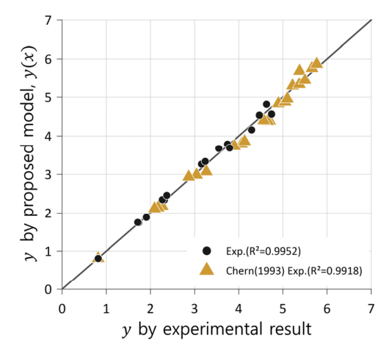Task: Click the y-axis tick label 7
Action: tap(48, 21)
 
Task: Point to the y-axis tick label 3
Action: tap(48, 174)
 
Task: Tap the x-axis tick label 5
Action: tap(283, 309)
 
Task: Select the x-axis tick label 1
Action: tap(106, 309)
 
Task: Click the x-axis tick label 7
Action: tap(371, 309)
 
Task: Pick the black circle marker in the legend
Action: tap(206, 251)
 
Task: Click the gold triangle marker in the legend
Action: tap(206, 269)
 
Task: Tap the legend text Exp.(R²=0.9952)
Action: tap(263, 251)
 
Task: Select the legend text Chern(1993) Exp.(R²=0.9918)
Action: tap(294, 271)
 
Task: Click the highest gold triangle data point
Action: tap(316, 63)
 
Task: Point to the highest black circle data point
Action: tap(266, 104)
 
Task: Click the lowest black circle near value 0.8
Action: tap(98, 259)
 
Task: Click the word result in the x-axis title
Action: tap(291, 329)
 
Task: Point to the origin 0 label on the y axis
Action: tap(48, 289)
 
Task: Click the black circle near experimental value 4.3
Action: tap(252, 130)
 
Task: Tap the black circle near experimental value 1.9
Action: tap(147, 217)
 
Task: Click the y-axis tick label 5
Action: tap(48, 97)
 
